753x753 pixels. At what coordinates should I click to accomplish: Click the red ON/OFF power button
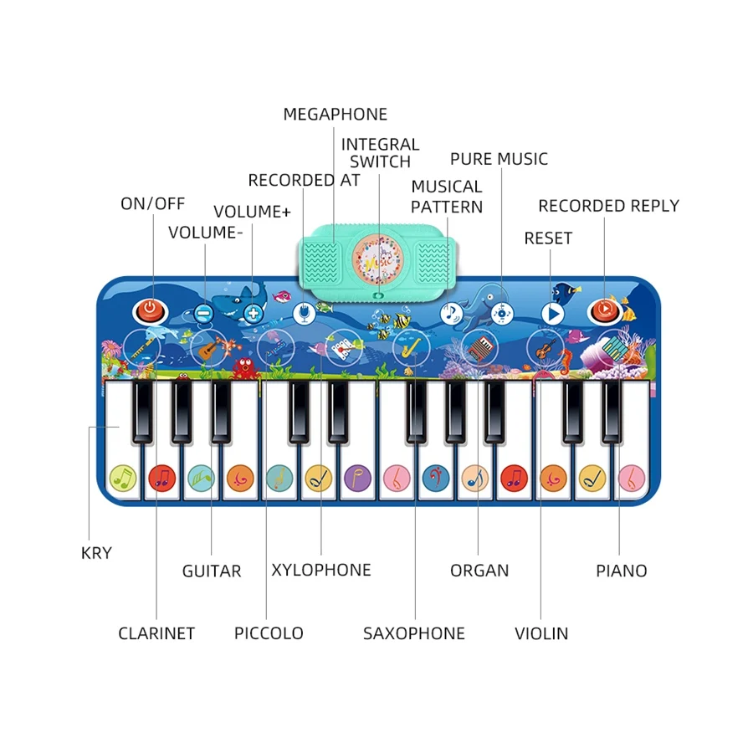(x=149, y=310)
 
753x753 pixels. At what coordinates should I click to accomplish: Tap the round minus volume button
(x=203, y=314)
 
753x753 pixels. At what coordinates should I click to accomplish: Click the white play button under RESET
(x=551, y=314)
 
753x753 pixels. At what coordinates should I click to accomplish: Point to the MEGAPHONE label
(x=335, y=115)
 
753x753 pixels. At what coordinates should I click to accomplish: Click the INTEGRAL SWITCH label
(x=380, y=153)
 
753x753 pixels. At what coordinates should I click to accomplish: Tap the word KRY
(x=96, y=553)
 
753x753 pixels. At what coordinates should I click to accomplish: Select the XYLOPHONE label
(x=320, y=571)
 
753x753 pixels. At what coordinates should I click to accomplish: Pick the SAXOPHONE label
(x=413, y=633)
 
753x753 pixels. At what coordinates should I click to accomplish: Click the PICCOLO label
(x=269, y=633)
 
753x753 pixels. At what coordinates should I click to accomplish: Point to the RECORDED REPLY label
(x=608, y=206)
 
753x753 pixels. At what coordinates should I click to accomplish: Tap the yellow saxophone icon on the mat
(x=407, y=346)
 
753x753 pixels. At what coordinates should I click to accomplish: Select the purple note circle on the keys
(x=356, y=478)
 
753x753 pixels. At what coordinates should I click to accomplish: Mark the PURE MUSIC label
(x=499, y=159)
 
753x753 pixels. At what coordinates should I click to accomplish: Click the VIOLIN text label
(x=541, y=633)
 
